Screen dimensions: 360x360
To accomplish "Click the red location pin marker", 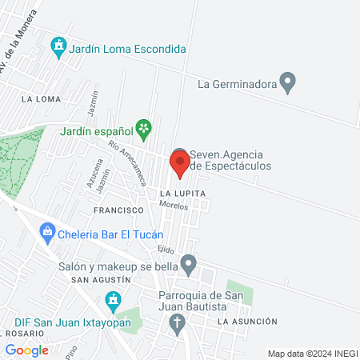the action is tap(180, 164).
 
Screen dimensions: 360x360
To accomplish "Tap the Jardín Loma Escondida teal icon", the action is tap(58, 49).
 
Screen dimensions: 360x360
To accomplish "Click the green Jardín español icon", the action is tap(143, 128).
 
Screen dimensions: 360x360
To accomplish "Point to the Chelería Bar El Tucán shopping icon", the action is tap(47, 234).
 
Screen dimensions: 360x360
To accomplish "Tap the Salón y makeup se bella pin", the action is tap(189, 262).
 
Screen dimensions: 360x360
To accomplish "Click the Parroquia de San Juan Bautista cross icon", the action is tap(178, 324).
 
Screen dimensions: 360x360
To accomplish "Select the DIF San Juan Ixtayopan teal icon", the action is tap(113, 302).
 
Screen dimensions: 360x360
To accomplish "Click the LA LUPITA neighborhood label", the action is tap(182, 194).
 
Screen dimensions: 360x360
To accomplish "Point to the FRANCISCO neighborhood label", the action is tap(118, 210).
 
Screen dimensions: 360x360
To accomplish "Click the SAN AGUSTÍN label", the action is tap(101, 280).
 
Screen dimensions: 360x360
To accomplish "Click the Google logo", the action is tap(26, 350).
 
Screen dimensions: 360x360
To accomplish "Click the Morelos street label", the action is tap(174, 206).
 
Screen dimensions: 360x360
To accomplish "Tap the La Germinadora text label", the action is tap(237, 82).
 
